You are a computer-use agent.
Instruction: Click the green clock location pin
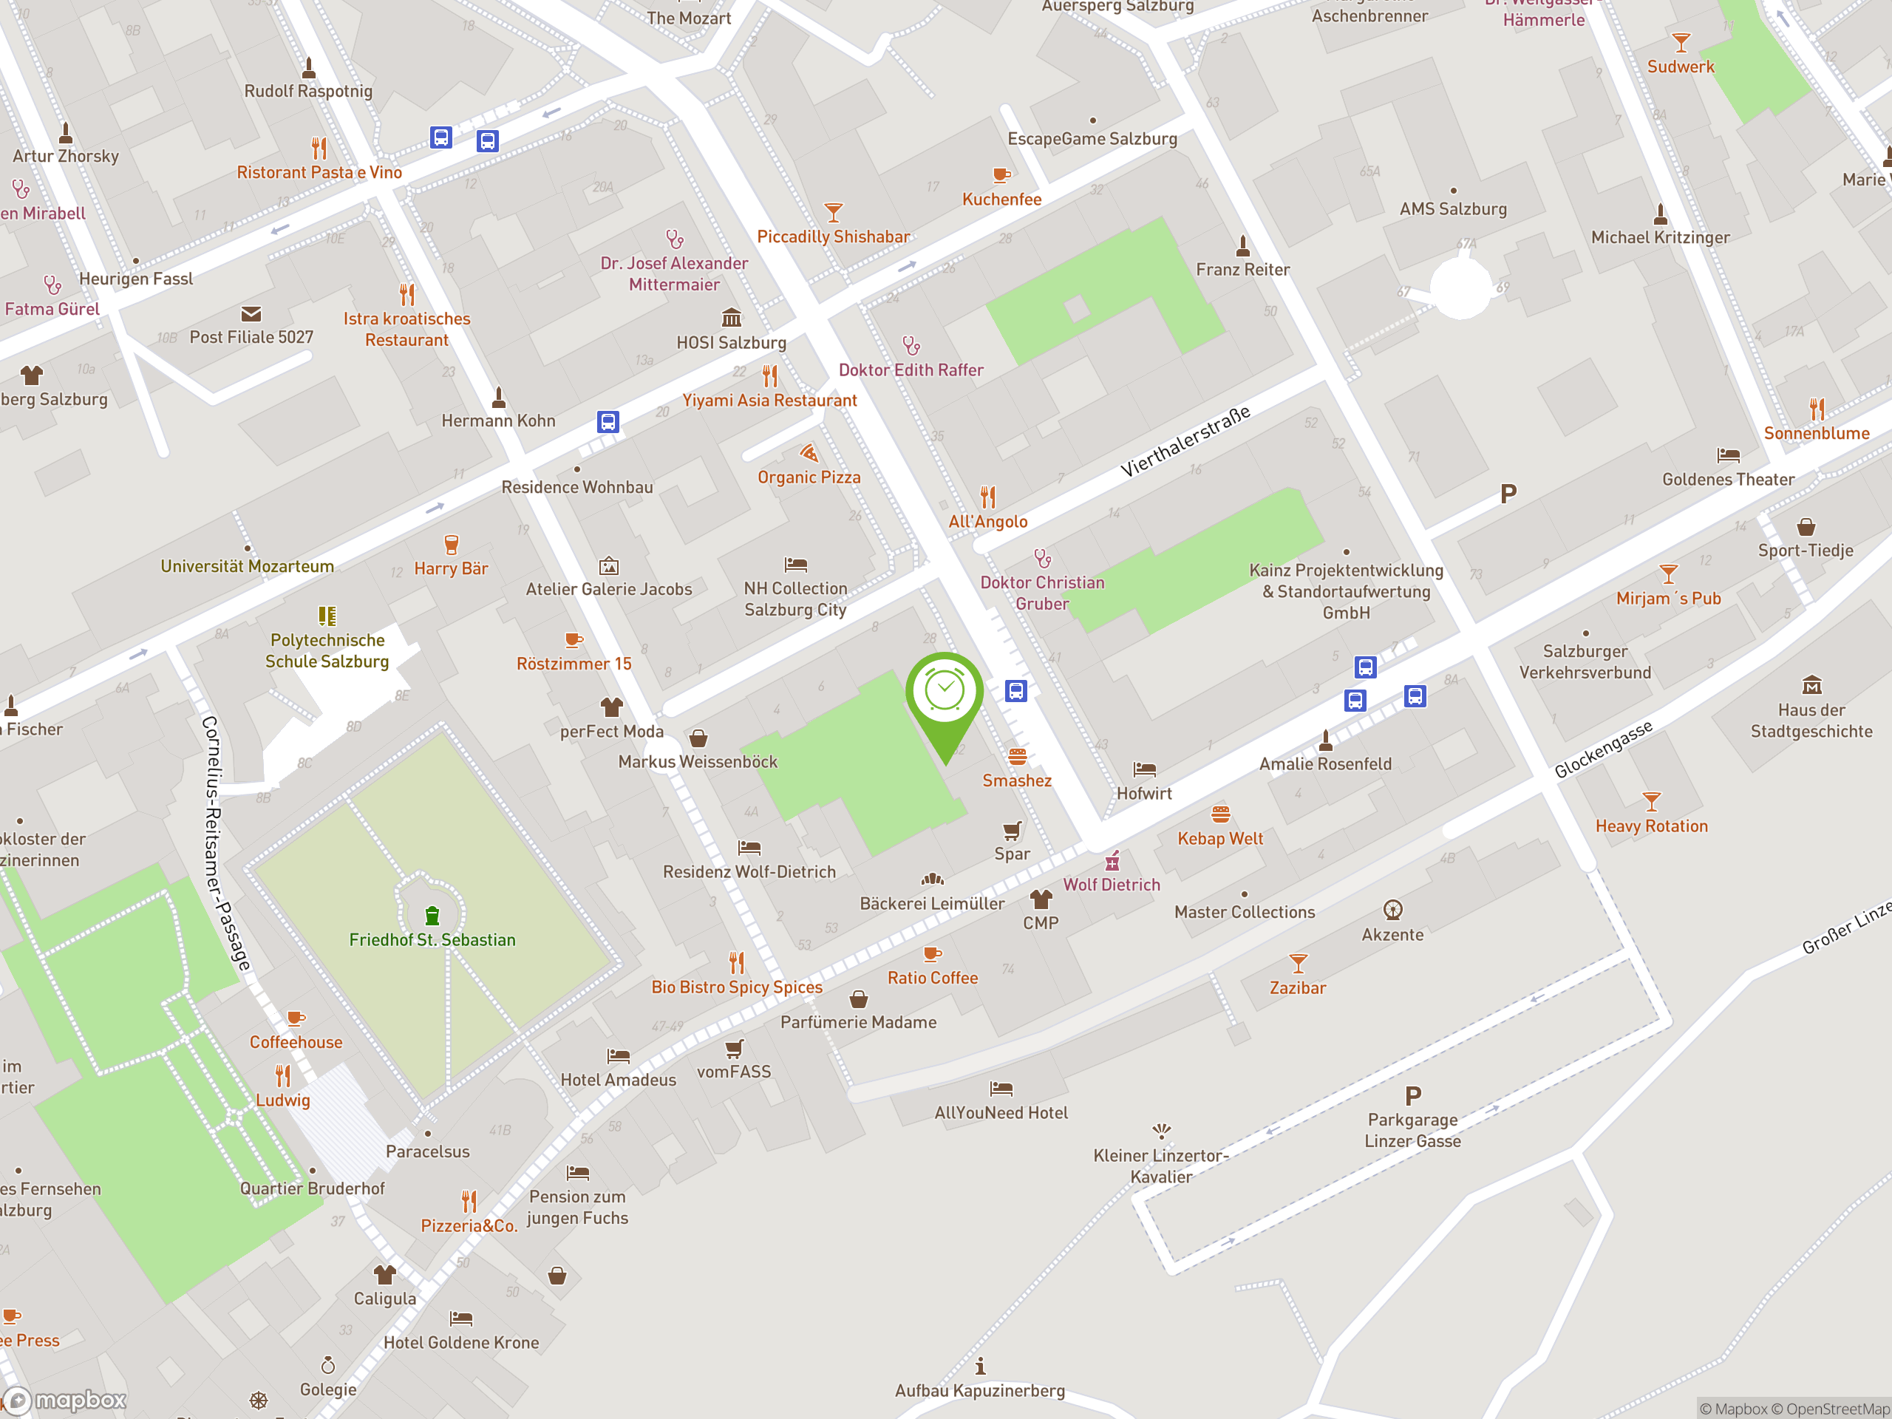click(945, 693)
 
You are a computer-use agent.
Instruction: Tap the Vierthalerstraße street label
click(1185, 441)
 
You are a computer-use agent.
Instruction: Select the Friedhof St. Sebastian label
click(432, 940)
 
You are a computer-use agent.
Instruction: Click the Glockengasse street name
click(1603, 750)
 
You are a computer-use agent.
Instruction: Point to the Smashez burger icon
click(1017, 756)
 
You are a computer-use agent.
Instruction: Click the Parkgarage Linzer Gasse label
click(1412, 1130)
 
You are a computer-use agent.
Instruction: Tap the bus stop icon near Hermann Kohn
click(608, 422)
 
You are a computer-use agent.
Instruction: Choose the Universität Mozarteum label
click(247, 566)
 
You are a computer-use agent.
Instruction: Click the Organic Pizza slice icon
click(809, 453)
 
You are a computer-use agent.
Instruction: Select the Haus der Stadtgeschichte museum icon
click(1811, 685)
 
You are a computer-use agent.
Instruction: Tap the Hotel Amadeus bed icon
click(619, 1056)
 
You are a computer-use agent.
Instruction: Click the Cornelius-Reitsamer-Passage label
click(226, 843)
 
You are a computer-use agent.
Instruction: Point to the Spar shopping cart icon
click(1012, 831)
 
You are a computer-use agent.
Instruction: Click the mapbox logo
click(65, 1401)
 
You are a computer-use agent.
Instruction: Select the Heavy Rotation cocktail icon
click(1652, 801)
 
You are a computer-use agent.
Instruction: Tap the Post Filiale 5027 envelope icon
click(251, 314)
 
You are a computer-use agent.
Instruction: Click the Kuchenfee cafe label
click(1001, 200)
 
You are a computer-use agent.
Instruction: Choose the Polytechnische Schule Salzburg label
click(327, 651)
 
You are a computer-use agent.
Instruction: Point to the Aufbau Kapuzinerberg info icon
click(980, 1366)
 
